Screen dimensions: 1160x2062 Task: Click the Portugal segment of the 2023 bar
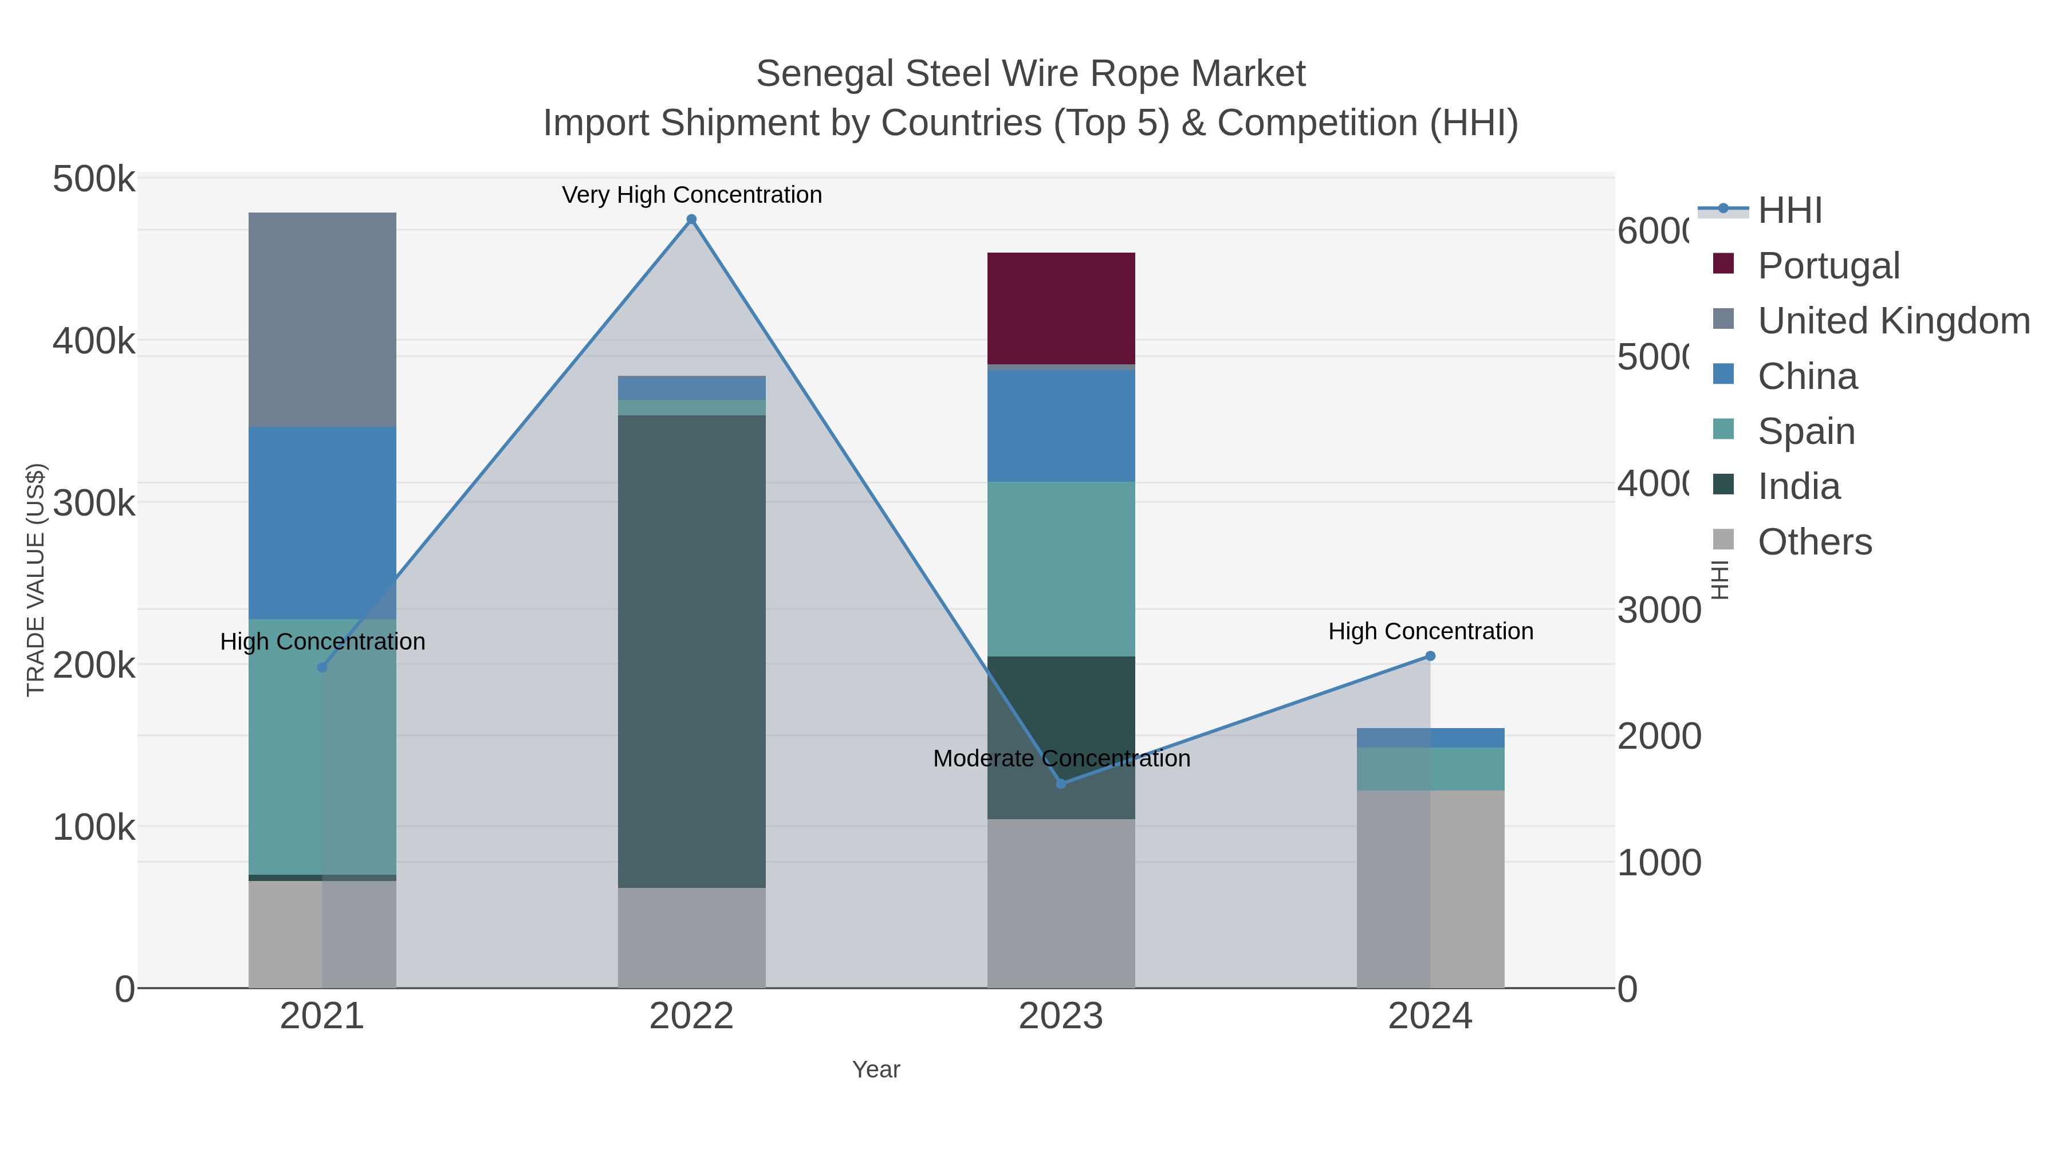(x=1061, y=308)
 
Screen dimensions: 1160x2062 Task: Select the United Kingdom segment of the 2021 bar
(x=322, y=320)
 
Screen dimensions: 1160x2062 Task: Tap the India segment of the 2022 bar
(x=691, y=651)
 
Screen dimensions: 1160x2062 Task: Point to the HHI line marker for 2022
(x=691, y=219)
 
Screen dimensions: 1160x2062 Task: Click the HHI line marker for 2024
(x=1430, y=656)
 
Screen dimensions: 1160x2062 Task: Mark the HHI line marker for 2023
(x=1061, y=784)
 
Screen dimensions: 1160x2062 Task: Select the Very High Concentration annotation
(x=691, y=195)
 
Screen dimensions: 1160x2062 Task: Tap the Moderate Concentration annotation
(x=1061, y=758)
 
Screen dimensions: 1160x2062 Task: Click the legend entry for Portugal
(x=1828, y=265)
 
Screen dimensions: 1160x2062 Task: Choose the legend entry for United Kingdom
(x=1893, y=320)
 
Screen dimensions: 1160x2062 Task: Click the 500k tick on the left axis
(x=94, y=179)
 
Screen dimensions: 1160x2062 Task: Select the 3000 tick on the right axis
(x=1659, y=610)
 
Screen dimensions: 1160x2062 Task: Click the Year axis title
(x=876, y=1069)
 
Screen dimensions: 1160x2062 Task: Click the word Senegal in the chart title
(x=824, y=74)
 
